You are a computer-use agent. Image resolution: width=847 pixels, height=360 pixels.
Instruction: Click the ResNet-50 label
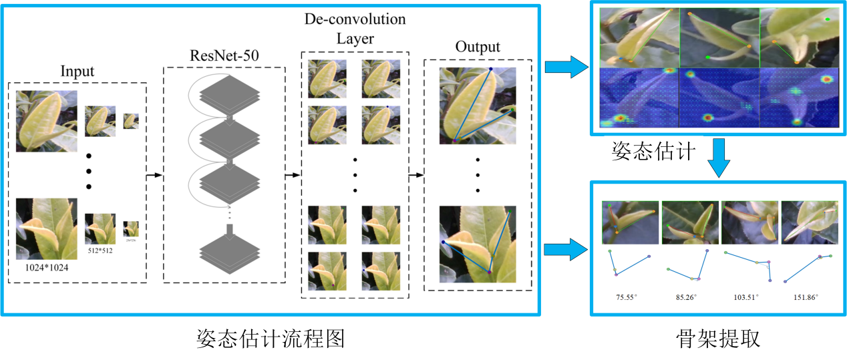click(224, 56)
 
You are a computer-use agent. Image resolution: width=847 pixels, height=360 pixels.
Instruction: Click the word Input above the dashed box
click(77, 71)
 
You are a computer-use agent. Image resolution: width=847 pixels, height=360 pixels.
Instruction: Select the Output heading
click(478, 47)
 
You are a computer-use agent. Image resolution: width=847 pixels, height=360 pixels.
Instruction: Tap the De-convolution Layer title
click(355, 29)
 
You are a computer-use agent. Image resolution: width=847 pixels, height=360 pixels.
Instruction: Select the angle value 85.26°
click(687, 297)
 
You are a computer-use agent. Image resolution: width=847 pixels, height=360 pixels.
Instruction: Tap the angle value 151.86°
click(806, 297)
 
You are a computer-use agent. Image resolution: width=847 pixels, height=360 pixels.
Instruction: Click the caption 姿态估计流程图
click(271, 339)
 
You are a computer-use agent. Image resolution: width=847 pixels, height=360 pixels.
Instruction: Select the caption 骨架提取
click(719, 339)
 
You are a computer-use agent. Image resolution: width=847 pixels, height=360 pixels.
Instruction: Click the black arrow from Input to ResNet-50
click(154, 176)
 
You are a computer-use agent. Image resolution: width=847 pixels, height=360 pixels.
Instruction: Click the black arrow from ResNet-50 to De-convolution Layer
click(293, 176)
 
